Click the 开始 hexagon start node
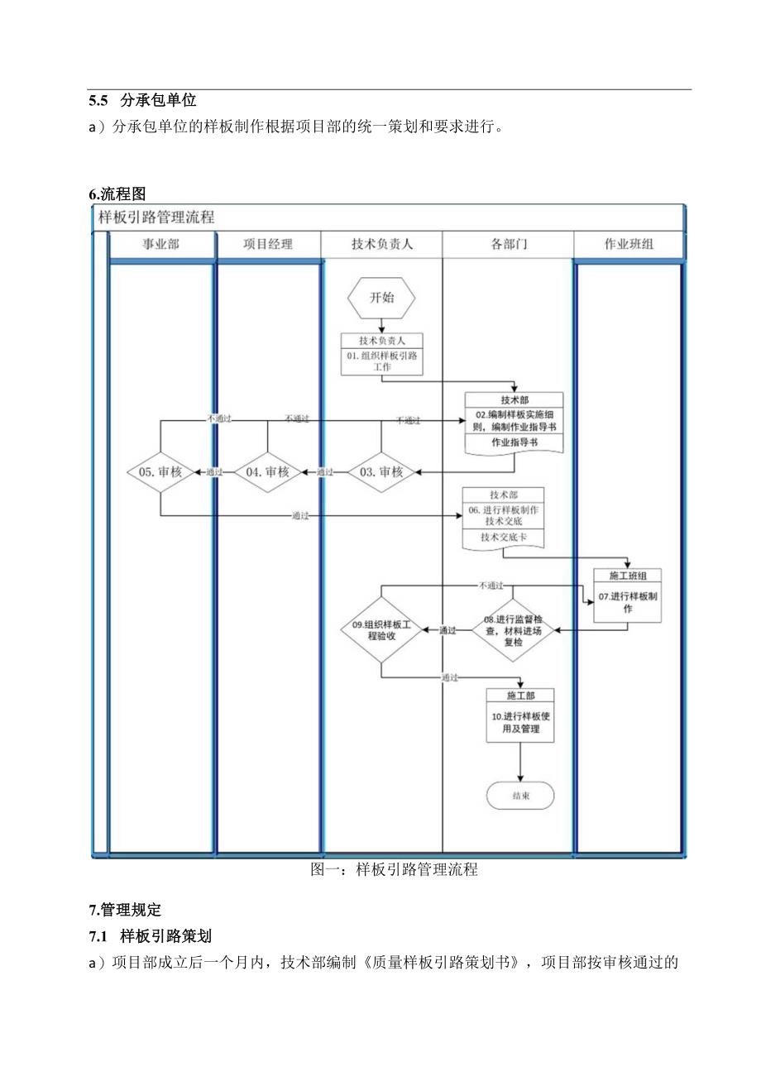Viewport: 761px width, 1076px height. tap(381, 298)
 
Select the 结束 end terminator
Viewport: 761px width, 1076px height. tap(520, 796)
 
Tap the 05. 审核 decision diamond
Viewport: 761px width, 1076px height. tap(160, 471)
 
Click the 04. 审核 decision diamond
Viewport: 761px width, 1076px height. tap(267, 471)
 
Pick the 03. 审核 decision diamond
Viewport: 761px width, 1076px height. tap(381, 471)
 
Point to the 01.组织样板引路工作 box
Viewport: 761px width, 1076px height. tap(381, 355)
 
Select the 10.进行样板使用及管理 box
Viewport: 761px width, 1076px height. tap(520, 715)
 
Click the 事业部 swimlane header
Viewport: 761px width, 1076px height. tap(161, 245)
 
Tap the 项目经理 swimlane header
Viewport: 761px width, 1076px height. tap(268, 245)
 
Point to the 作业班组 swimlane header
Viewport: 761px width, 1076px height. tap(629, 245)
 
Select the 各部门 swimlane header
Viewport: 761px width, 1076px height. tap(509, 245)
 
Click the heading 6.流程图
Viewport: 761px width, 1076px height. tap(117, 194)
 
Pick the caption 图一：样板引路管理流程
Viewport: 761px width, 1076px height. tap(394, 870)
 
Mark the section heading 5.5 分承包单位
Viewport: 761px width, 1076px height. tap(142, 101)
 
